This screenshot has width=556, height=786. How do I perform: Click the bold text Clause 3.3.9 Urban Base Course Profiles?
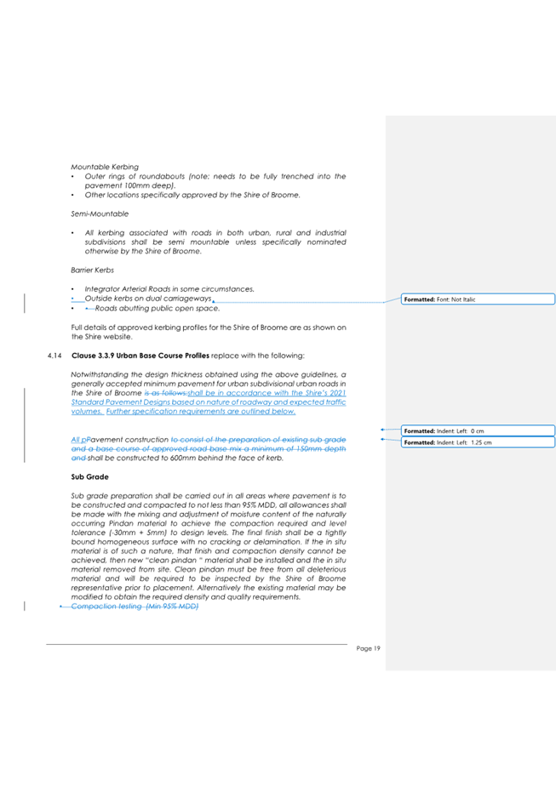(140, 354)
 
